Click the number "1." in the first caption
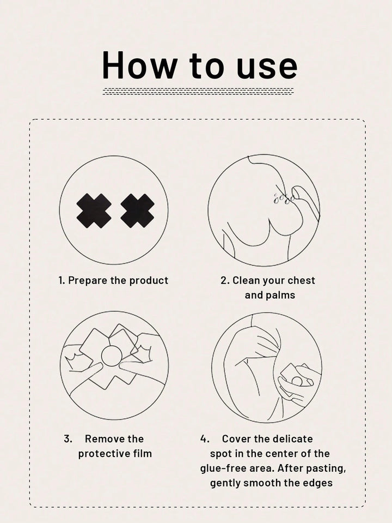tap(62, 281)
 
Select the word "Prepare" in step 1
tap(87, 281)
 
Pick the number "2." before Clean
tap(225, 281)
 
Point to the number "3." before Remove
tap(68, 439)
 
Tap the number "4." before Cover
tap(205, 439)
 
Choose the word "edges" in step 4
tap(316, 483)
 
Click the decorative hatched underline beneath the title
tap(198, 91)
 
